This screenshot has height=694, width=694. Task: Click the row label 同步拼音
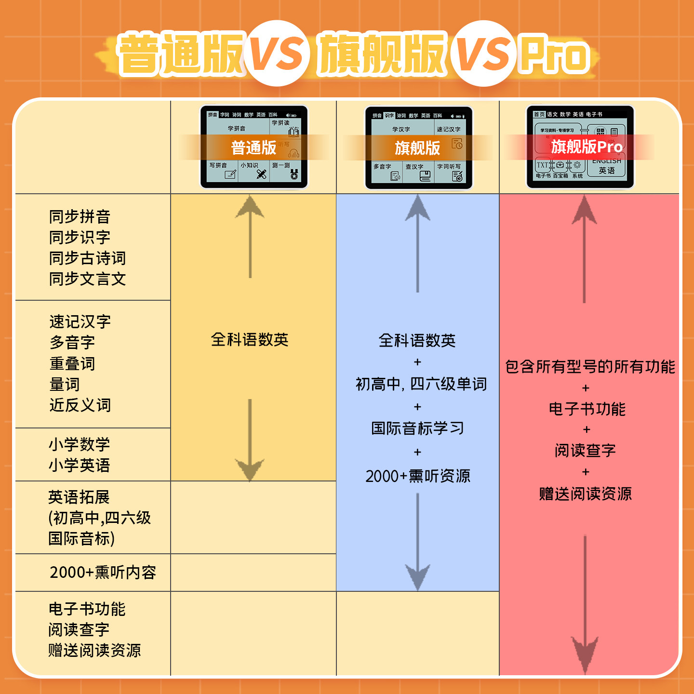(80, 217)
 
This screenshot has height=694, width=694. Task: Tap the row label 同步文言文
(87, 279)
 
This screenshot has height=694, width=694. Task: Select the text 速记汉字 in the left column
(80, 321)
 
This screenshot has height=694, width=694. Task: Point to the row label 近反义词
(80, 405)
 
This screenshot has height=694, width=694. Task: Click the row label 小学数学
(79, 444)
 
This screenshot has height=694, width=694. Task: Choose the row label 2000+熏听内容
(103, 572)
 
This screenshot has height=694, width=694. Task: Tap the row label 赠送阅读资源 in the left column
(94, 650)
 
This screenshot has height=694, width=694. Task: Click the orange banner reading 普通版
(254, 147)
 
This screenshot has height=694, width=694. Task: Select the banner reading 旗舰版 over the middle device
(417, 148)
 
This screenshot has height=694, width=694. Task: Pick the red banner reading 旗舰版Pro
(587, 147)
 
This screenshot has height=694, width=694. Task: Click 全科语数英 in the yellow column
(250, 340)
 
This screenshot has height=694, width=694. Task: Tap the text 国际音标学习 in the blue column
(417, 428)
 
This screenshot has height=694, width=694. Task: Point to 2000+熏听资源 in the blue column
(417, 476)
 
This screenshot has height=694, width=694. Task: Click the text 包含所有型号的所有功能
(590, 367)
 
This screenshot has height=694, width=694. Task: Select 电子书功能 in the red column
(587, 409)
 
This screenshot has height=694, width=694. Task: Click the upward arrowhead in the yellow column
(250, 207)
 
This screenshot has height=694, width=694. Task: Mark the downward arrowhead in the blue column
(417, 576)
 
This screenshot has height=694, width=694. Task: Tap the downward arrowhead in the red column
(585, 653)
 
